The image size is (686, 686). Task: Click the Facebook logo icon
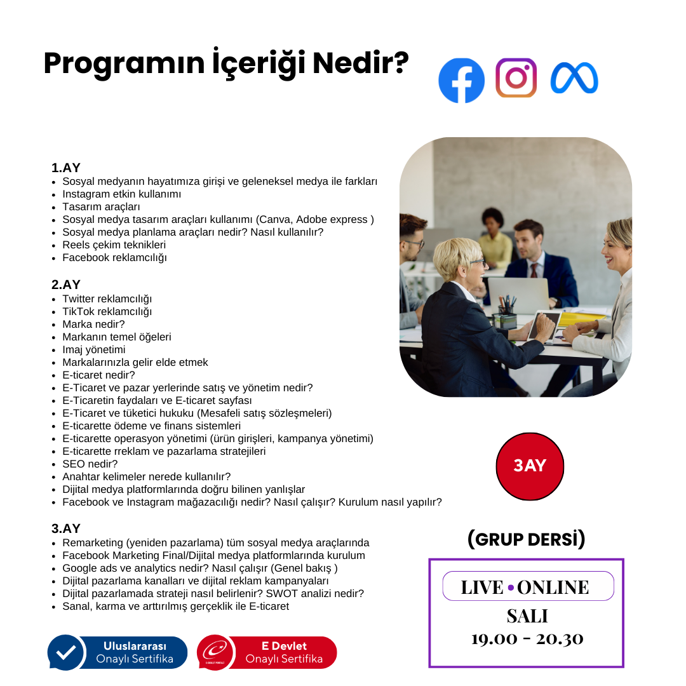(x=461, y=81)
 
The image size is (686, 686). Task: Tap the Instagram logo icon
(x=516, y=77)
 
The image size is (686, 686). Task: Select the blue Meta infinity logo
(x=574, y=78)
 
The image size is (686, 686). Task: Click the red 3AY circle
(x=530, y=466)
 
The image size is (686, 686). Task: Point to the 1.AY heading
(x=66, y=168)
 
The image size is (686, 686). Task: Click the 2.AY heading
(x=66, y=285)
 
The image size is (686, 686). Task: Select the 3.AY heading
(x=66, y=528)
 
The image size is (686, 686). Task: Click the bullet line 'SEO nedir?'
(x=90, y=464)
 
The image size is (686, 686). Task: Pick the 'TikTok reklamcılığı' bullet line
(x=107, y=311)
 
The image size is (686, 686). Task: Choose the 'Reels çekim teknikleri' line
(x=114, y=245)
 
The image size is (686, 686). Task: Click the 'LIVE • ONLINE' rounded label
(x=525, y=586)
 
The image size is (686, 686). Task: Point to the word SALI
(x=527, y=616)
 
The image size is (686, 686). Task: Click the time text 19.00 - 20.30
(x=527, y=638)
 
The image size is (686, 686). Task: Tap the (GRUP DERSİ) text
(x=526, y=539)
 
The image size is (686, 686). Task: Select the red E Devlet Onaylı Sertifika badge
(x=267, y=652)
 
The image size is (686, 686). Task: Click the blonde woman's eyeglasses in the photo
(x=473, y=261)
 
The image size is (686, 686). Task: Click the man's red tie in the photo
(x=534, y=269)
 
